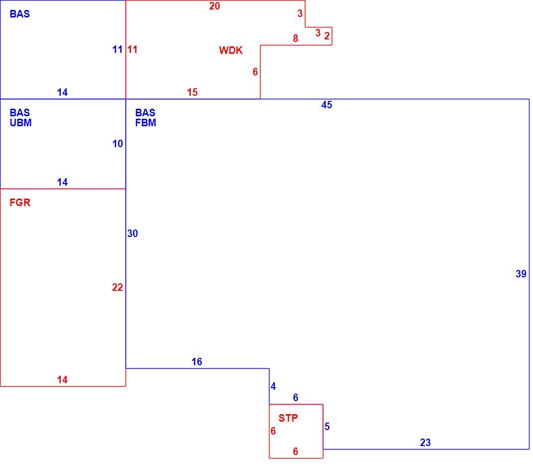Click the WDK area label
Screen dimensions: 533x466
pos(231,50)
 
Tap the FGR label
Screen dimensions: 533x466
pos(20,203)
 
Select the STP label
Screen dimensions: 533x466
pos(288,418)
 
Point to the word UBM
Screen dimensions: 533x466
pos(21,123)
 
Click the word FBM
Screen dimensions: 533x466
pos(146,123)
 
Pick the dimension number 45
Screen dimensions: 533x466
pos(327,105)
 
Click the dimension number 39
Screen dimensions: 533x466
pos(521,274)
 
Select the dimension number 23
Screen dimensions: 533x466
pos(425,443)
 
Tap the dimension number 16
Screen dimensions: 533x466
pos(197,362)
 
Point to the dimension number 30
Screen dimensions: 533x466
pos(133,233)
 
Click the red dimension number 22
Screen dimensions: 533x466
pos(118,288)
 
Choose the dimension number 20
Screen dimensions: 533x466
pos(215,6)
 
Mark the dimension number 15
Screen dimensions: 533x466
pos(192,92)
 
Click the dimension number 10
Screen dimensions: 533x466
pos(118,144)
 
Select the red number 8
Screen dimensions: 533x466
pos(295,38)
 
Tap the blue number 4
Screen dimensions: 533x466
pos(273,386)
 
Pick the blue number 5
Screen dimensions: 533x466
pos(327,427)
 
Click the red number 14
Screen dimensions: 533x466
pos(62,380)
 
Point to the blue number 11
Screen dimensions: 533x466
pos(118,50)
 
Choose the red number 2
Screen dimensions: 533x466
pos(327,36)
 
